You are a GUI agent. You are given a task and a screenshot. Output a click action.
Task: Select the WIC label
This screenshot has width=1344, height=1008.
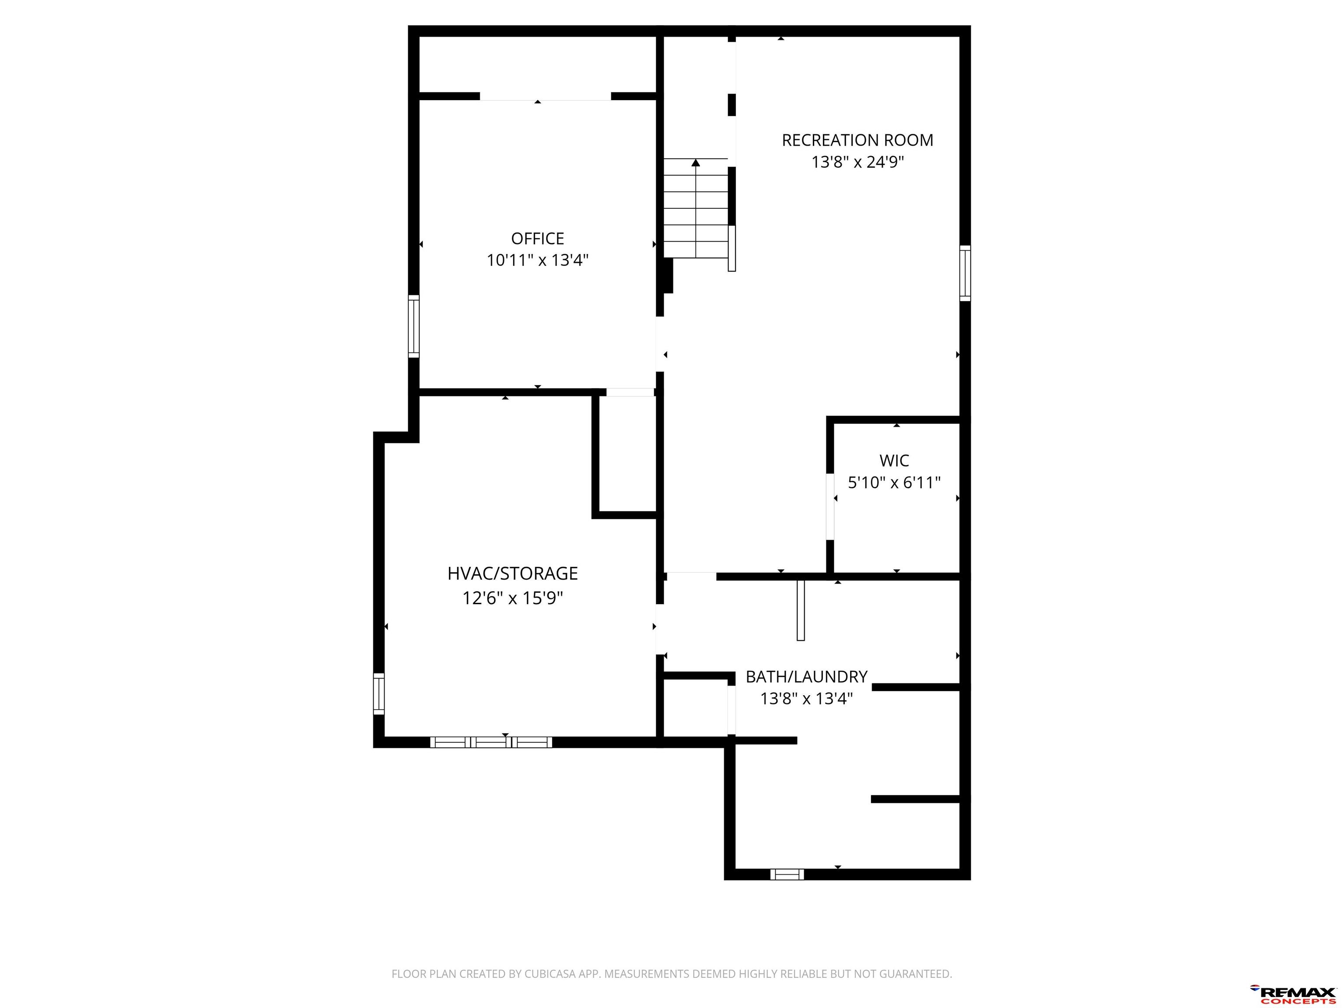coord(894,461)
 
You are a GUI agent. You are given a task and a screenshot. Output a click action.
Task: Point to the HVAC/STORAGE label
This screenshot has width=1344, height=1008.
coord(512,574)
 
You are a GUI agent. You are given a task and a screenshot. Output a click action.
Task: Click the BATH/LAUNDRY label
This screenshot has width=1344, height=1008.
coord(806,677)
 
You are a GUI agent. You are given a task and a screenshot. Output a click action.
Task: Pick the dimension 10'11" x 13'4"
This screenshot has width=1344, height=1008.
coord(538,261)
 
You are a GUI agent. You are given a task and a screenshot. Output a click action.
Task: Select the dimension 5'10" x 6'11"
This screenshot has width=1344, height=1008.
coord(894,483)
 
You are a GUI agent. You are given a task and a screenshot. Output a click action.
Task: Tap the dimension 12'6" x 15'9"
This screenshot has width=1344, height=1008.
coord(512,598)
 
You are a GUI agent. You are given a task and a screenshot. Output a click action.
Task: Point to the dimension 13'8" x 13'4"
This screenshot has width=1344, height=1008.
coord(806,699)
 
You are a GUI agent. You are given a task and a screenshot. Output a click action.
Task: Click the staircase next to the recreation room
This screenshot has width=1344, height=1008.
coord(695,208)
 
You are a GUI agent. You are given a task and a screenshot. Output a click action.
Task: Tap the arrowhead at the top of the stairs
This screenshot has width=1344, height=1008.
coord(696,162)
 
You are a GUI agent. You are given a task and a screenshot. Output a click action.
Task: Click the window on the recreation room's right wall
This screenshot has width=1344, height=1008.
coord(965,273)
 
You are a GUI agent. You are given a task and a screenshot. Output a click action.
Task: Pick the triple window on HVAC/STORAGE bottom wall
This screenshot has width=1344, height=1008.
coord(491,742)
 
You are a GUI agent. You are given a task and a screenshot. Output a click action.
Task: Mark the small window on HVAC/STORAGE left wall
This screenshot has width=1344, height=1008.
coord(378,694)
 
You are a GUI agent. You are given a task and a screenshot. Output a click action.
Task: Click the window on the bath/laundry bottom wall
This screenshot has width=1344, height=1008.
coord(787,874)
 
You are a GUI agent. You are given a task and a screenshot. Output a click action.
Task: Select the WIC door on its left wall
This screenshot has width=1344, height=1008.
coord(830,507)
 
